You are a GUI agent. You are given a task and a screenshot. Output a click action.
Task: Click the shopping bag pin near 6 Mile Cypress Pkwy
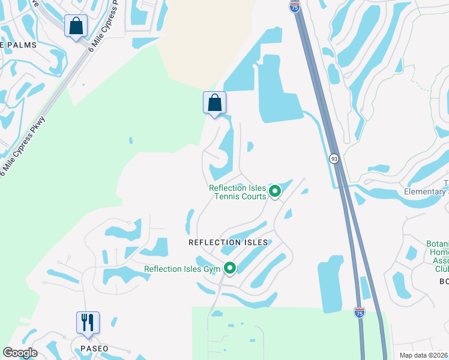point(76,26)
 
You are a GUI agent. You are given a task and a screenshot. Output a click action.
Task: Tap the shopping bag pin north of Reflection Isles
point(214,103)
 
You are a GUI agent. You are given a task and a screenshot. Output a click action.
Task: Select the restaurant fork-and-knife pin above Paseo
point(88,323)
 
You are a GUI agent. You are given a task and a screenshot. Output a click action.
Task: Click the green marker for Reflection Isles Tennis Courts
point(275,191)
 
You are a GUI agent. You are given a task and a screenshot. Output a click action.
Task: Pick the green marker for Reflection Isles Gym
point(229,268)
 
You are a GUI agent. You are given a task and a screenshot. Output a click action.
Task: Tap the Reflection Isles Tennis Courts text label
point(237,192)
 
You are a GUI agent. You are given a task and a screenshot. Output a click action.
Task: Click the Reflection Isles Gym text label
point(182,269)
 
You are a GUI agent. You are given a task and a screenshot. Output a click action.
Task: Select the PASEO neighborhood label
point(94,349)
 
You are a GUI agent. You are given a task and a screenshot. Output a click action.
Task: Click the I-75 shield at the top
point(294,7)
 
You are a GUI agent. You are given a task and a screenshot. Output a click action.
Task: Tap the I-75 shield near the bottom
point(359,312)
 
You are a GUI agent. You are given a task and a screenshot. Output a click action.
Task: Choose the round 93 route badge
point(334,158)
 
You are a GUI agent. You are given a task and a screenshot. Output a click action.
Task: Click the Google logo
point(20,353)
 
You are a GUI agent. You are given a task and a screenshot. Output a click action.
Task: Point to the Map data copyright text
point(423,355)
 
